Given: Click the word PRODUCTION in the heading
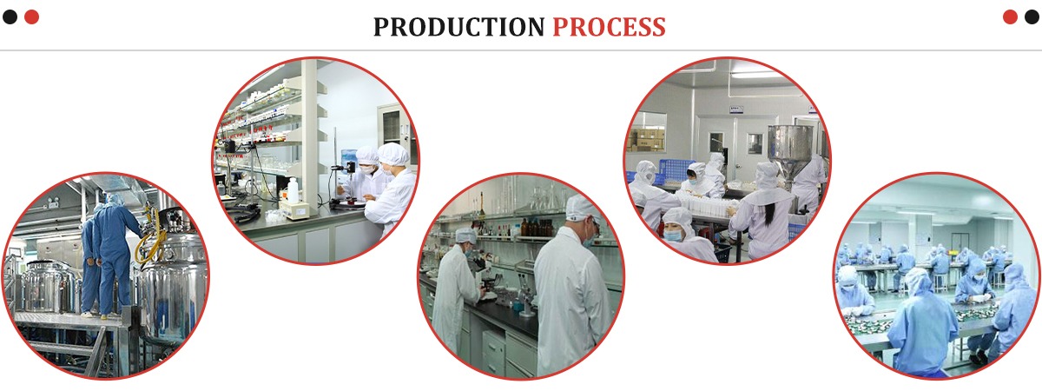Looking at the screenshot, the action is coord(458,27).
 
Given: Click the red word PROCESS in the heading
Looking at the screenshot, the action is coord(609,27).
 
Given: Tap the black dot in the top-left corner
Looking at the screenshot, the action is coord(10,17).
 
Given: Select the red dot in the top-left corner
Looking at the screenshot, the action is coord(31,17).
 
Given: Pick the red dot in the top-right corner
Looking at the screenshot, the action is coord(1010,17).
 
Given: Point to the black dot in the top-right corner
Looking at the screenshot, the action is coord(1032,17).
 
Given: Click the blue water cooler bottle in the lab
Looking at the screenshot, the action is coord(347,156).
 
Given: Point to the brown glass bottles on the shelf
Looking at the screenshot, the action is coord(537,227).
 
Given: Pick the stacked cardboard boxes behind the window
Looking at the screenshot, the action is coord(647,140).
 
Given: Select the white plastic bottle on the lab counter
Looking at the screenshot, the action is coord(293,190).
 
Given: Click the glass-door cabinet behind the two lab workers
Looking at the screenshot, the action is coord(394,126).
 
